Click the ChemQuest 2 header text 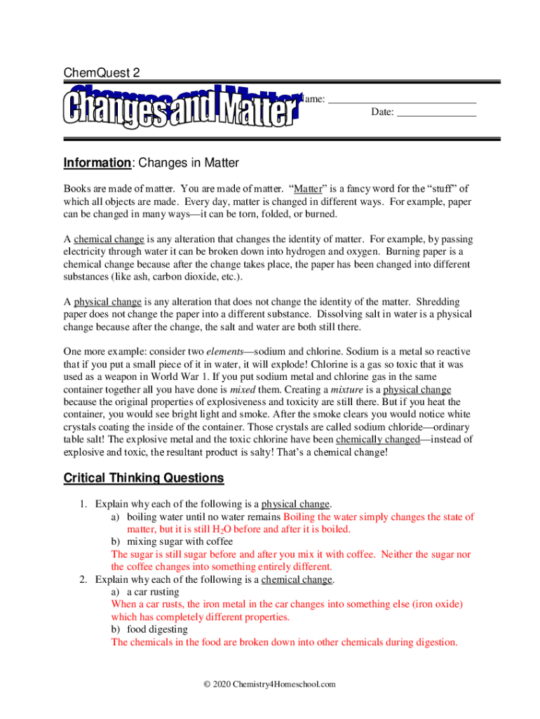tap(102, 73)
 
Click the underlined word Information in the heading tap(97, 164)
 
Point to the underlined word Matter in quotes tap(308, 189)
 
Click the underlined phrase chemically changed tap(378, 440)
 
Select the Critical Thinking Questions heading tap(144, 478)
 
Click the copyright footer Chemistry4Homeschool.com tap(269, 685)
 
